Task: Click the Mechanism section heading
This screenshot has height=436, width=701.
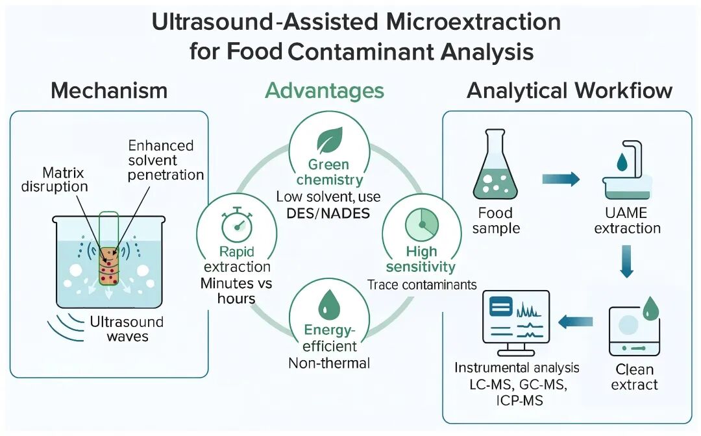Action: coord(109,90)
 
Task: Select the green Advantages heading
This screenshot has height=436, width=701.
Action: coord(324,90)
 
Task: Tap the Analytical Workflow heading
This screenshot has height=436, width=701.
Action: coord(569,90)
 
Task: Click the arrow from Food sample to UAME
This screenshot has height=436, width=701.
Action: coord(560,178)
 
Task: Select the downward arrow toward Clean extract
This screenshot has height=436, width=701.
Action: coord(626,261)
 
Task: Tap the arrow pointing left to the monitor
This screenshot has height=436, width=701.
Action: coord(576,321)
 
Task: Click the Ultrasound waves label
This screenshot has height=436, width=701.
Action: coord(127,329)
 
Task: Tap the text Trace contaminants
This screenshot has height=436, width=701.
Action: coord(422,285)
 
